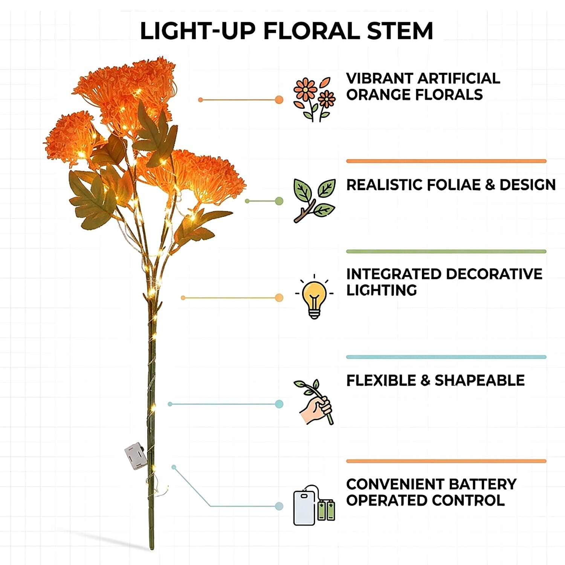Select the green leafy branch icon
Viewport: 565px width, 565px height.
click(314, 201)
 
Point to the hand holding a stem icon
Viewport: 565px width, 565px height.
click(314, 402)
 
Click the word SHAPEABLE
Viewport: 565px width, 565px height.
click(479, 380)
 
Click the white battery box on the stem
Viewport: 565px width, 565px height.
click(136, 456)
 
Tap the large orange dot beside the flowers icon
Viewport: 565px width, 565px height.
click(279, 100)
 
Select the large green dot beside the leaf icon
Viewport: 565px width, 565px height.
click(279, 201)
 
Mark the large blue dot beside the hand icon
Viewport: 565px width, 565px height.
click(279, 404)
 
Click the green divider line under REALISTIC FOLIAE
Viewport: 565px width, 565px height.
click(446, 251)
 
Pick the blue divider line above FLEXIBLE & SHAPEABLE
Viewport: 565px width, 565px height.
click(446, 357)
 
